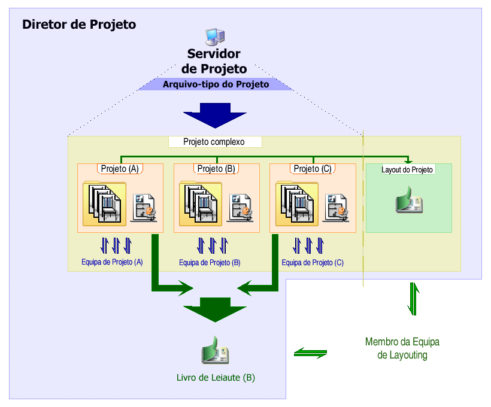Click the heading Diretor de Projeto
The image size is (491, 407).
pyautogui.click(x=79, y=25)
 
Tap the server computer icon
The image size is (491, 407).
pyautogui.click(x=214, y=37)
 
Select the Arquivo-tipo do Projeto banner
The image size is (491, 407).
pyautogui.click(x=216, y=84)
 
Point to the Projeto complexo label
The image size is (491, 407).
pyautogui.click(x=214, y=142)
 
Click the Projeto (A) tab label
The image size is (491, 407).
pyautogui.click(x=120, y=169)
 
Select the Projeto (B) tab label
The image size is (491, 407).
pyautogui.click(x=216, y=169)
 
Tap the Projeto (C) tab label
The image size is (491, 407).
pyautogui.click(x=313, y=169)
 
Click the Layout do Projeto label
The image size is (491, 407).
pyautogui.click(x=407, y=170)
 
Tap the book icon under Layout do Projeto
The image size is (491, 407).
pyautogui.click(x=410, y=201)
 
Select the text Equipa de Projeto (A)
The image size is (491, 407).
pyautogui.click(x=112, y=262)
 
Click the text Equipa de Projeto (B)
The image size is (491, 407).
pyautogui.click(x=210, y=263)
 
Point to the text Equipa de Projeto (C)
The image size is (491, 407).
pyautogui.click(x=313, y=262)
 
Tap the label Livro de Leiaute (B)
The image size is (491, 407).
pyautogui.click(x=216, y=378)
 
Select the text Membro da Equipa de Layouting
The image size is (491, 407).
pyautogui.click(x=402, y=348)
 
